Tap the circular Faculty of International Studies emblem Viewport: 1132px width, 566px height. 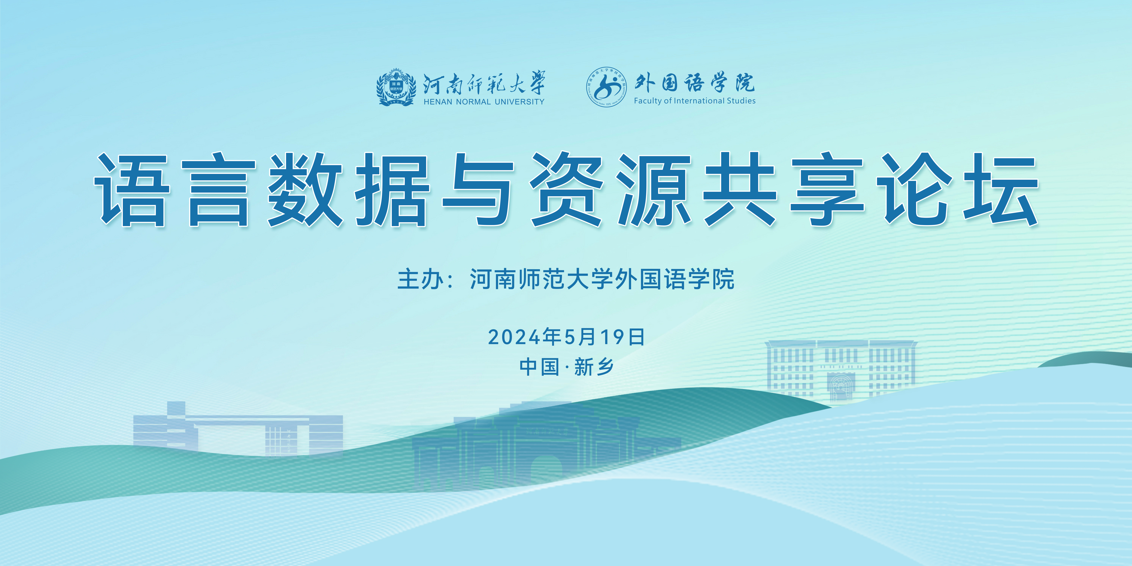[606, 87]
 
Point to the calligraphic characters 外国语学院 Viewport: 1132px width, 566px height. [694, 82]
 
